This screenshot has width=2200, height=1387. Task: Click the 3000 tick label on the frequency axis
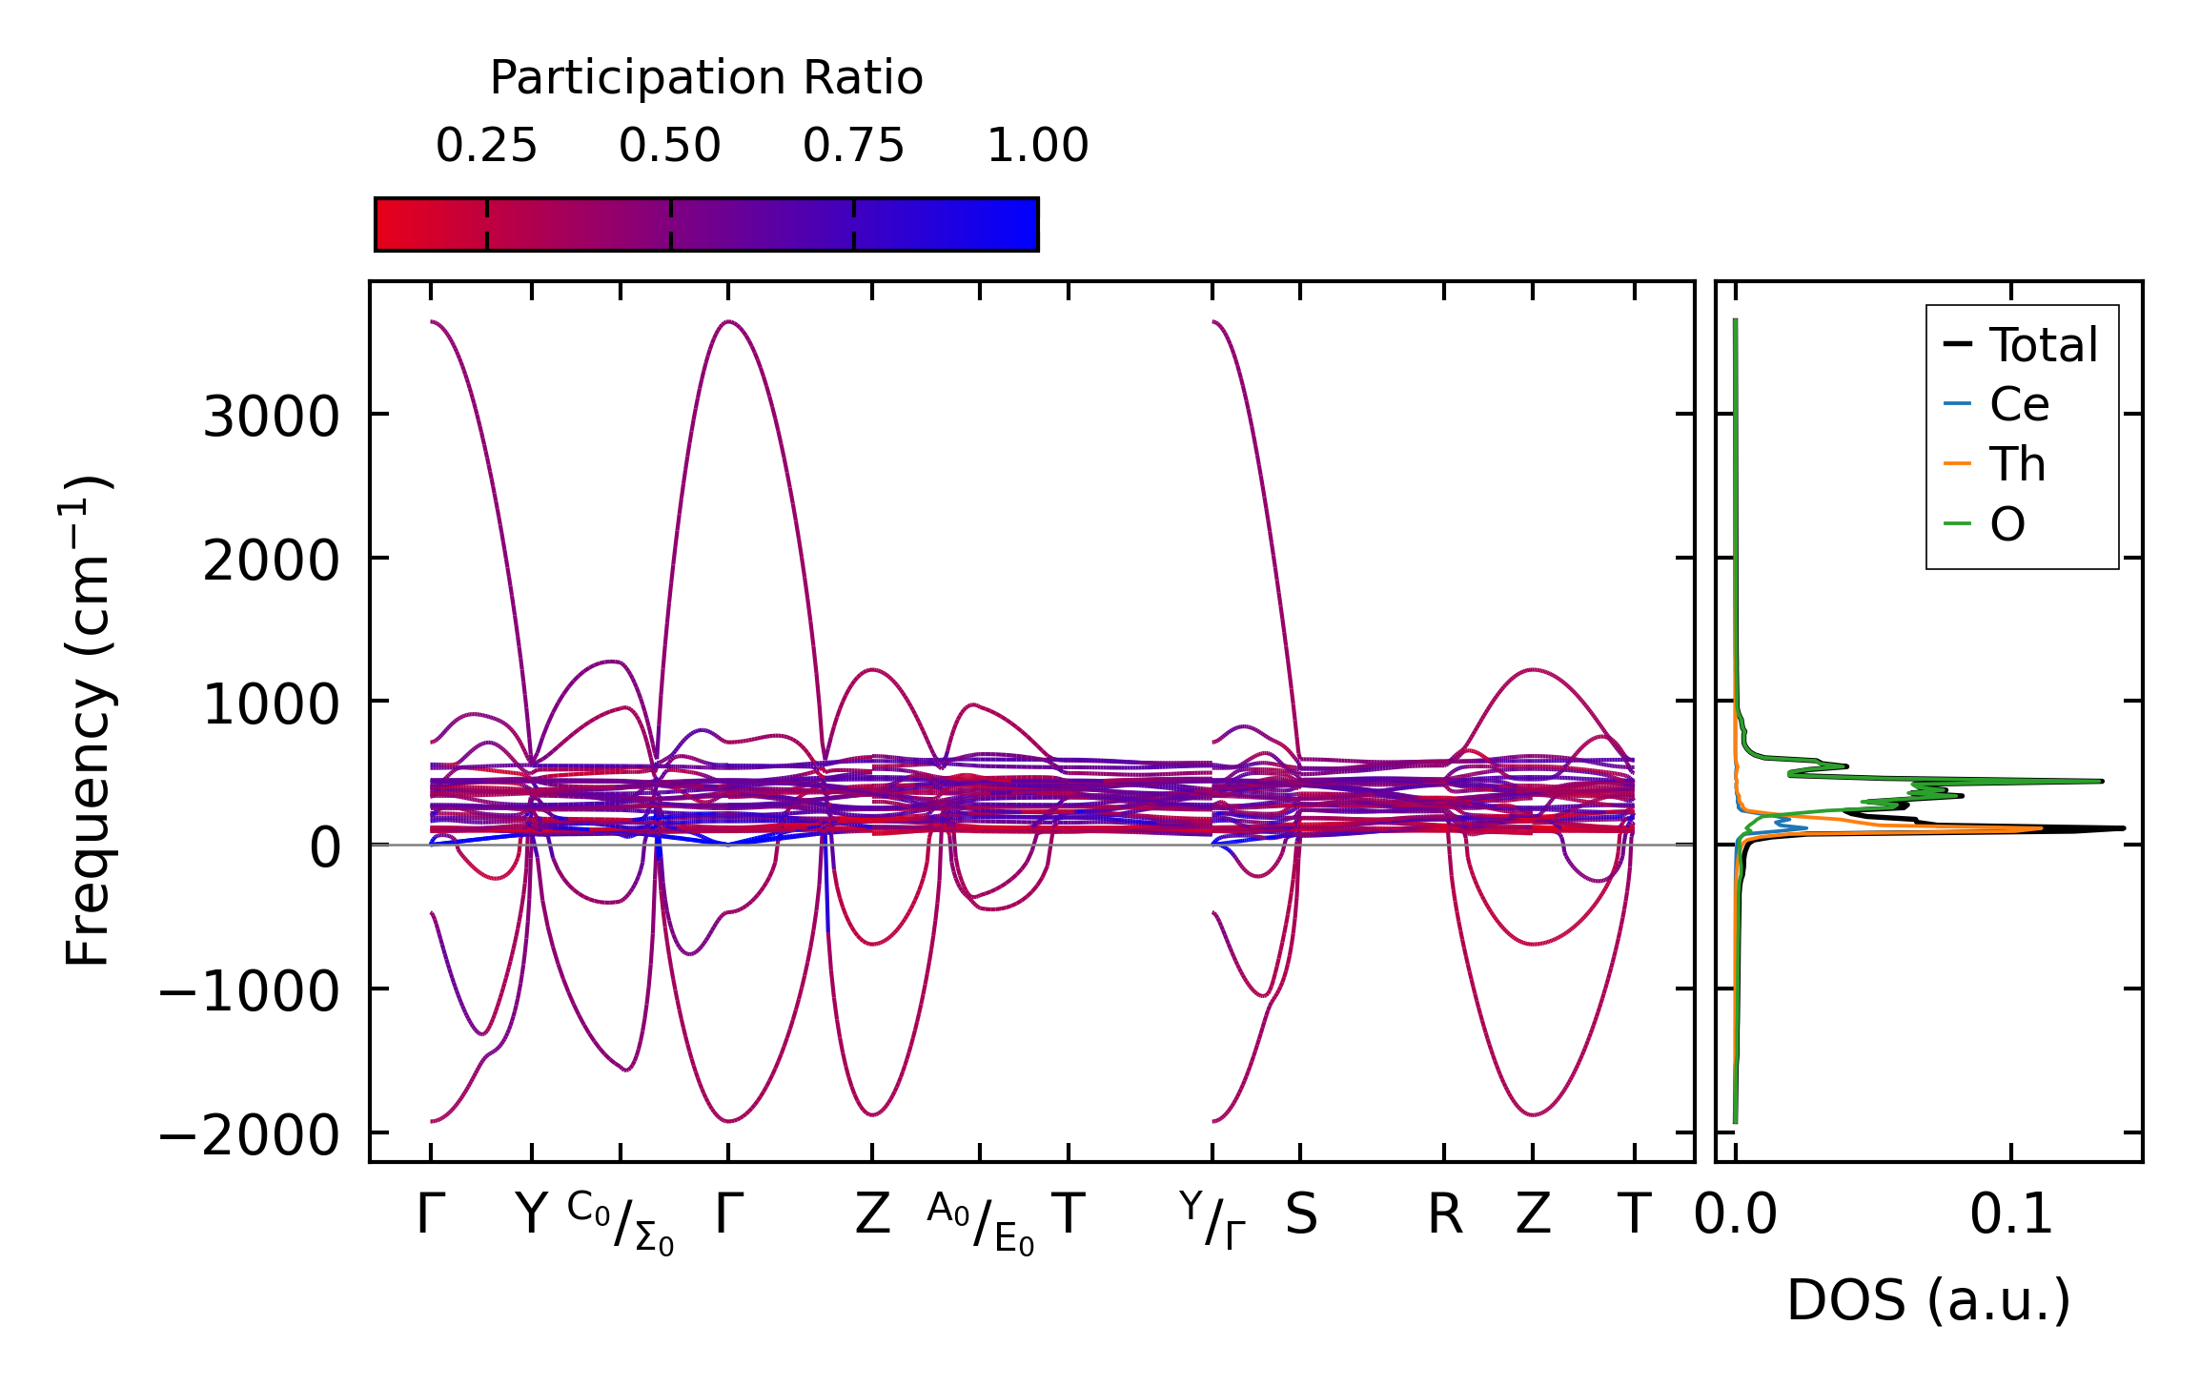[271, 417]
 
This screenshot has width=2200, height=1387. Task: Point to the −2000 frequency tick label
[249, 1135]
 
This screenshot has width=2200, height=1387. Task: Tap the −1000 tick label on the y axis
[249, 991]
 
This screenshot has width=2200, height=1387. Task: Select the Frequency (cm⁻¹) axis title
[88, 721]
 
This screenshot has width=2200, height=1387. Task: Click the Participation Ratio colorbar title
[705, 77]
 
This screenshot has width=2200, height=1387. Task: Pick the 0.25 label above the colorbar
[486, 146]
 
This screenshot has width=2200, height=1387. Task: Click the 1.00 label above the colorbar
[1037, 146]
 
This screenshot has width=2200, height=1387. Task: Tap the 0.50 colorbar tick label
[669, 146]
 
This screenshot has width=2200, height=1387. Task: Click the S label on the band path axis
[1301, 1215]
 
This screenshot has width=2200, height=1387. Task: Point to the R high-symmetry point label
[1444, 1215]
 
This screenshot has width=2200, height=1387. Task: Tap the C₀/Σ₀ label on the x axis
[621, 1223]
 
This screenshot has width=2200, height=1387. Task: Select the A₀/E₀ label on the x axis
[980, 1223]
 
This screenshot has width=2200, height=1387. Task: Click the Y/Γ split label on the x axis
[1212, 1219]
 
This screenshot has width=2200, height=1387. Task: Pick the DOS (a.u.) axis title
[1928, 1300]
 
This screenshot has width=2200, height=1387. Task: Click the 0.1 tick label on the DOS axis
[2011, 1215]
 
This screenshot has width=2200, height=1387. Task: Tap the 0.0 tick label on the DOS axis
[1735, 1215]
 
